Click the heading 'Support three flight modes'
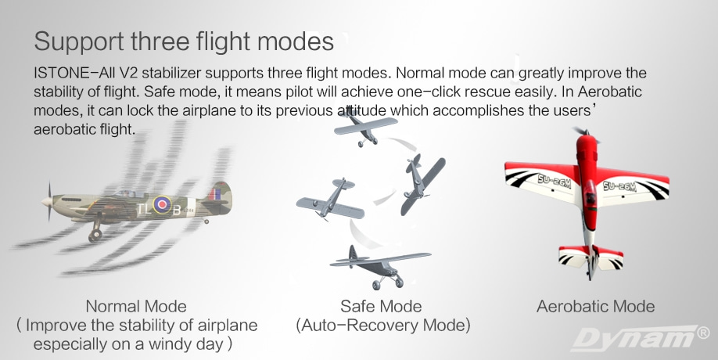(x=184, y=42)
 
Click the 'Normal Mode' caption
(x=136, y=306)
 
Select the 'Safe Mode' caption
(x=381, y=306)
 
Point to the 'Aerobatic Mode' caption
(x=595, y=306)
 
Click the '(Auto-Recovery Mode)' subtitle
(x=382, y=326)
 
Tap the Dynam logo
(x=640, y=338)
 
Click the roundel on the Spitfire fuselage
(x=162, y=204)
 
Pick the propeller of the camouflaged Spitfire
(x=48, y=202)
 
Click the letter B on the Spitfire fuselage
(x=176, y=211)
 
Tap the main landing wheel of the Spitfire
(x=95, y=235)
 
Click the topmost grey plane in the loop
(x=365, y=128)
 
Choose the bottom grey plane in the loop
(x=379, y=267)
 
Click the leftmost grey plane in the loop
(x=331, y=200)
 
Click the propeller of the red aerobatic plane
(x=585, y=133)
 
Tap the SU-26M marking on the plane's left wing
(x=554, y=181)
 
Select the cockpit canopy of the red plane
(x=589, y=192)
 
